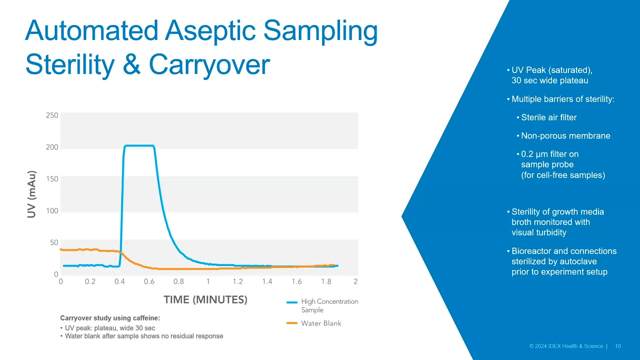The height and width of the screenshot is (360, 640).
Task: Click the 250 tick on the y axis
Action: (x=52, y=115)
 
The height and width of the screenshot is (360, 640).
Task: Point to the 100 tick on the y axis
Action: (x=52, y=211)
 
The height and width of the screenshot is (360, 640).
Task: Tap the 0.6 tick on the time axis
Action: (x=149, y=281)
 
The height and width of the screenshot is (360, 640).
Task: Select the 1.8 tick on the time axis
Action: (x=326, y=281)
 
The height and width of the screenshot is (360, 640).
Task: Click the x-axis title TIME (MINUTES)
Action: (x=205, y=299)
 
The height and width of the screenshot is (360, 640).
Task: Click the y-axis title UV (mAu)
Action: (x=31, y=194)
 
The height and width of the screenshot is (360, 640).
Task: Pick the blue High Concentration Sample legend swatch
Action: (x=292, y=302)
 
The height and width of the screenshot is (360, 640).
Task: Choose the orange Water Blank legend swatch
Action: (x=292, y=323)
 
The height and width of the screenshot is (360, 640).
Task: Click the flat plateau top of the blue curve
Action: (x=139, y=145)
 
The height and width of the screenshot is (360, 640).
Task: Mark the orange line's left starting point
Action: (x=60, y=249)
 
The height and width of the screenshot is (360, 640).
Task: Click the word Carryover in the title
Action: (x=209, y=65)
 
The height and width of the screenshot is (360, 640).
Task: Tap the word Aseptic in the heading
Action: (x=210, y=31)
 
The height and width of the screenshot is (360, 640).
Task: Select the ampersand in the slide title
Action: (x=131, y=64)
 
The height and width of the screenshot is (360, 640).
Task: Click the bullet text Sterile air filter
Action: (x=549, y=117)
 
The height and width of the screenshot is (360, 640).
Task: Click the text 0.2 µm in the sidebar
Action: (x=535, y=154)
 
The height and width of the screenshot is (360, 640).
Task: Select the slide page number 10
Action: (x=618, y=346)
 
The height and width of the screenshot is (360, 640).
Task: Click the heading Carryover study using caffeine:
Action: (x=110, y=318)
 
